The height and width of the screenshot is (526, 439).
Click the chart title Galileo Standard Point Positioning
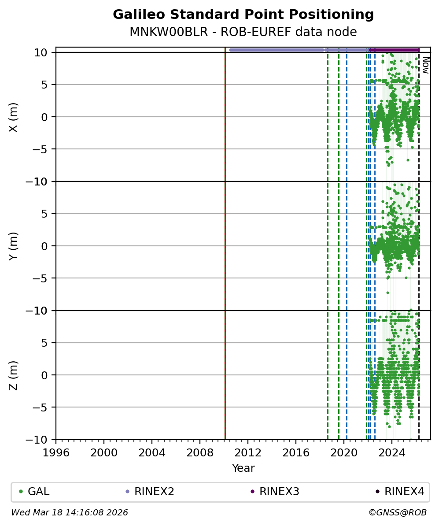tap(243, 15)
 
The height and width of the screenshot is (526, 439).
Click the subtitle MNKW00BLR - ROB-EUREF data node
tap(243, 32)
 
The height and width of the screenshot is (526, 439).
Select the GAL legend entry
tap(38, 492)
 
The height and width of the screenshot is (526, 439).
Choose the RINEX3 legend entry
tap(279, 492)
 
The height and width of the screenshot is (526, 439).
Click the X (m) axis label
tap(14, 117)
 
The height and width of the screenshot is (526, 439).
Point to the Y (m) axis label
tap(14, 246)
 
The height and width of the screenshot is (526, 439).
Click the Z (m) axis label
tap(14, 375)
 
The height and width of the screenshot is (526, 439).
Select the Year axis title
tap(243, 468)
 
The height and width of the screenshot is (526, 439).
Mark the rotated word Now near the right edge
tap(425, 65)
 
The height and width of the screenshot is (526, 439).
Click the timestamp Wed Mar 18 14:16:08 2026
tap(70, 513)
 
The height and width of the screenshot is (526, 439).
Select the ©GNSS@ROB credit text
tap(397, 513)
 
